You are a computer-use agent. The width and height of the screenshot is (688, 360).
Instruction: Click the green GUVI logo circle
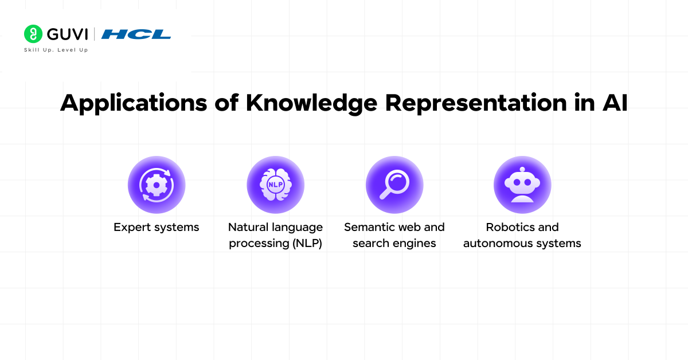pyautogui.click(x=33, y=34)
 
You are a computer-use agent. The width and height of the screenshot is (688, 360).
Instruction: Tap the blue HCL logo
pyautogui.click(x=136, y=34)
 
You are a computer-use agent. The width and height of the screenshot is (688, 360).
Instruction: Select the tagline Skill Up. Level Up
pyautogui.click(x=56, y=50)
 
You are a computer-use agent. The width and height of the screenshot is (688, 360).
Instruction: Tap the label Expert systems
pyautogui.click(x=156, y=228)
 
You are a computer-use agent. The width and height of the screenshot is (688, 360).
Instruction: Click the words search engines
pyautogui.click(x=394, y=243)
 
